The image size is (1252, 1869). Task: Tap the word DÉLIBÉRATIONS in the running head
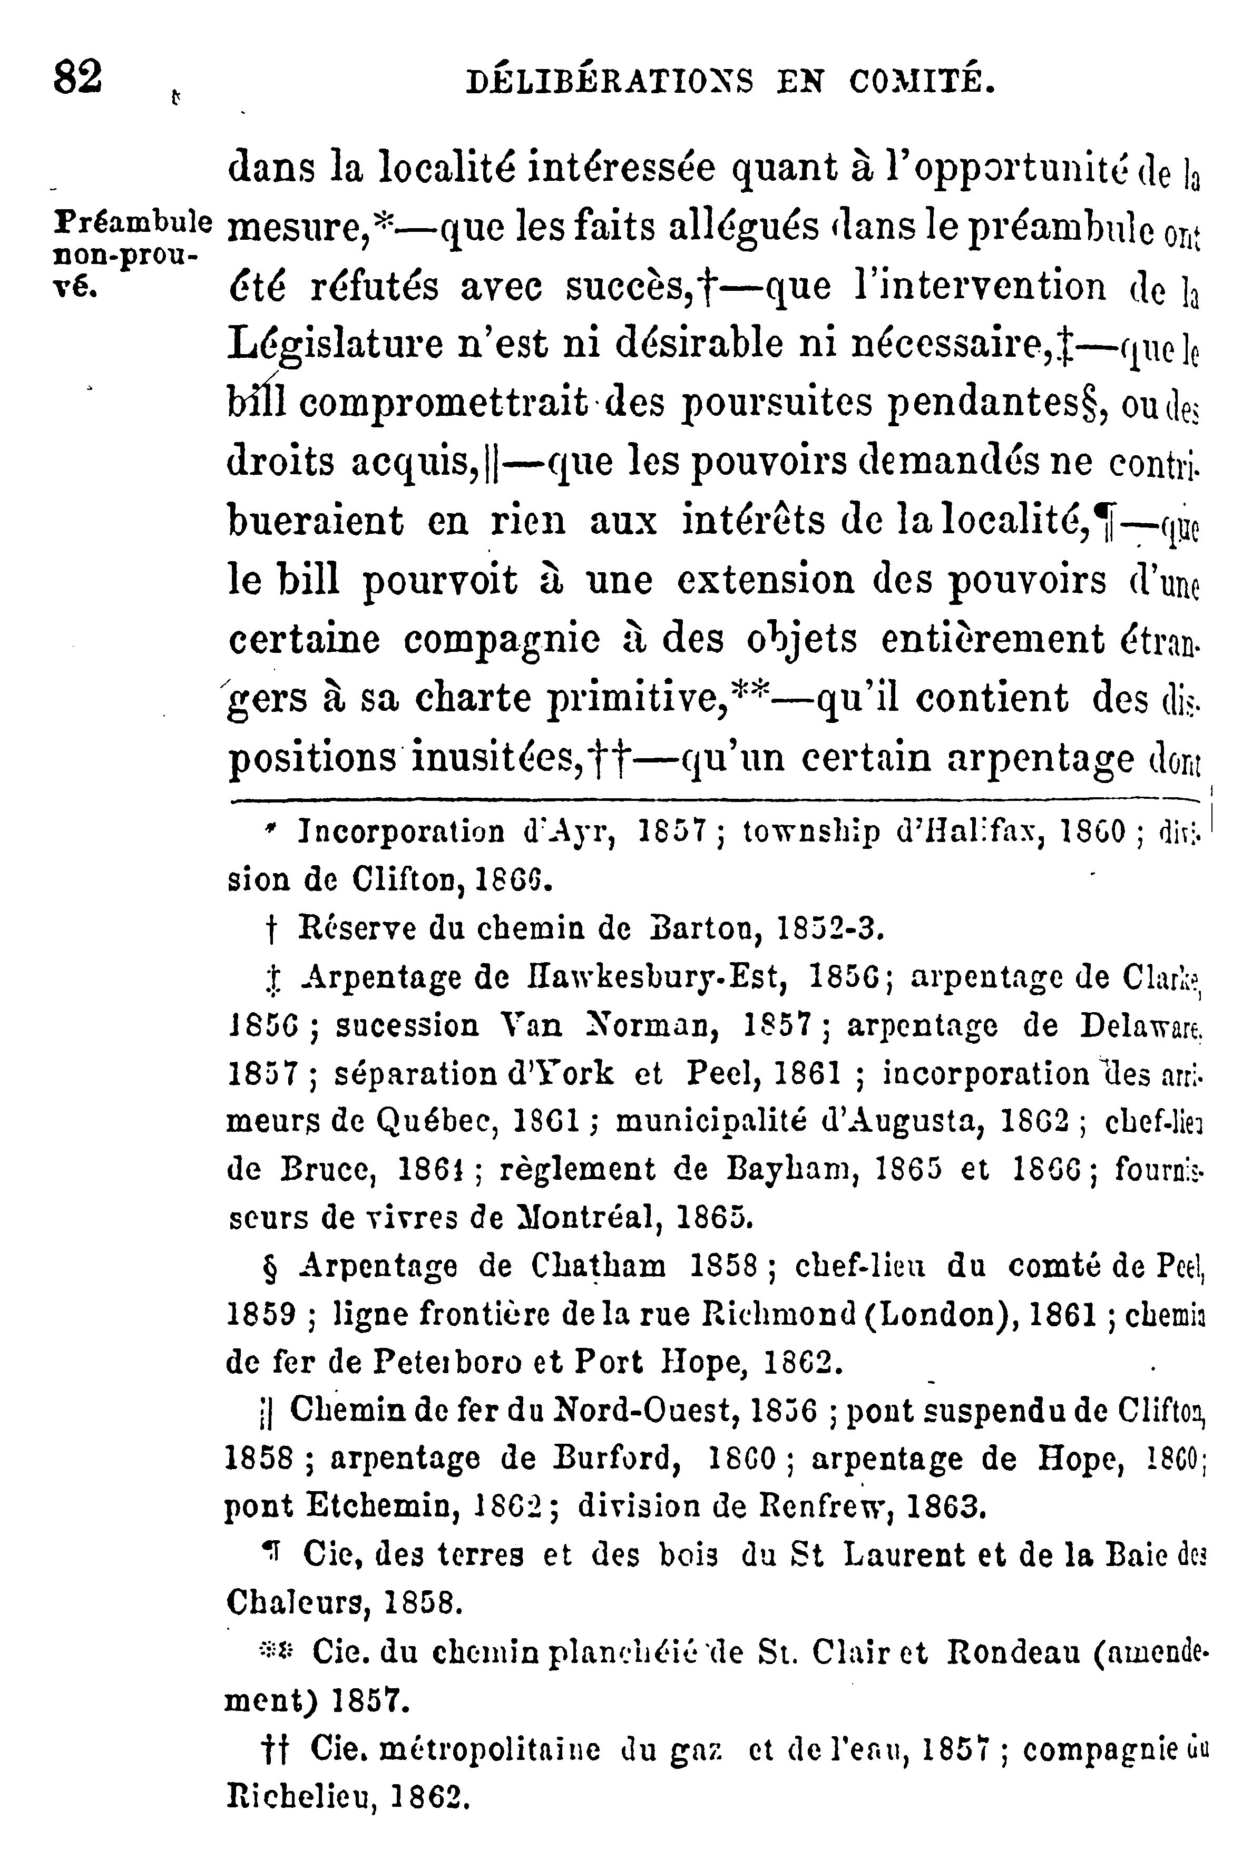point(609,82)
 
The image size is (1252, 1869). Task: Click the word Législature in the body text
point(334,345)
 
